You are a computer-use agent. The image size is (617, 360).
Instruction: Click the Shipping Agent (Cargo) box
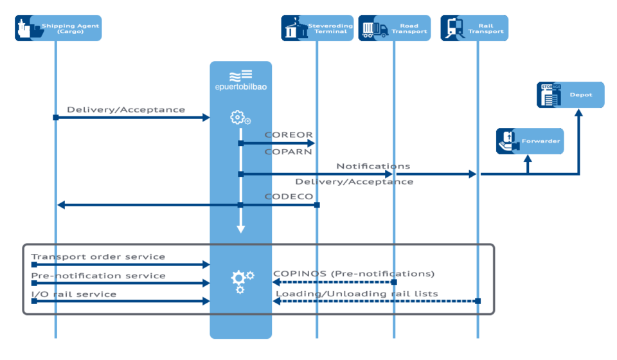tap(58, 28)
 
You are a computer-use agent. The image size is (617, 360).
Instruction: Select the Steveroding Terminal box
tap(317, 28)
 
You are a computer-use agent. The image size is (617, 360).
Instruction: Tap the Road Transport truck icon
tap(375, 29)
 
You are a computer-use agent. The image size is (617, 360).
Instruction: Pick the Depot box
tap(571, 94)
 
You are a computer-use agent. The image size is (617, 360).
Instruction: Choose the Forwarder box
tap(530, 141)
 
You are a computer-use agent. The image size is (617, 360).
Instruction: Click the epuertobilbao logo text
tap(241, 86)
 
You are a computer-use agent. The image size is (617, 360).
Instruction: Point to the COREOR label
tap(289, 135)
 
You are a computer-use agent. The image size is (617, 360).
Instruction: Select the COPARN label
tap(289, 152)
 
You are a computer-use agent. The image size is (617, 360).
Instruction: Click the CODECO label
tap(289, 196)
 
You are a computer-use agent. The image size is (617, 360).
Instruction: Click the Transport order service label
tap(98, 256)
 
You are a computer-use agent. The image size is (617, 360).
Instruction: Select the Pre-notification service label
tap(98, 276)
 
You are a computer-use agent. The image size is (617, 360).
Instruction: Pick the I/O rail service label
tap(74, 294)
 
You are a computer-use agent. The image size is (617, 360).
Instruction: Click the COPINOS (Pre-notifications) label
tap(353, 273)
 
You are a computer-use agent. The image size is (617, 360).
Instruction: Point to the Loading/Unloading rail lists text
tap(357, 294)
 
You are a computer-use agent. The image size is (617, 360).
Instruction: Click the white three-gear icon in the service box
tap(242, 281)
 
